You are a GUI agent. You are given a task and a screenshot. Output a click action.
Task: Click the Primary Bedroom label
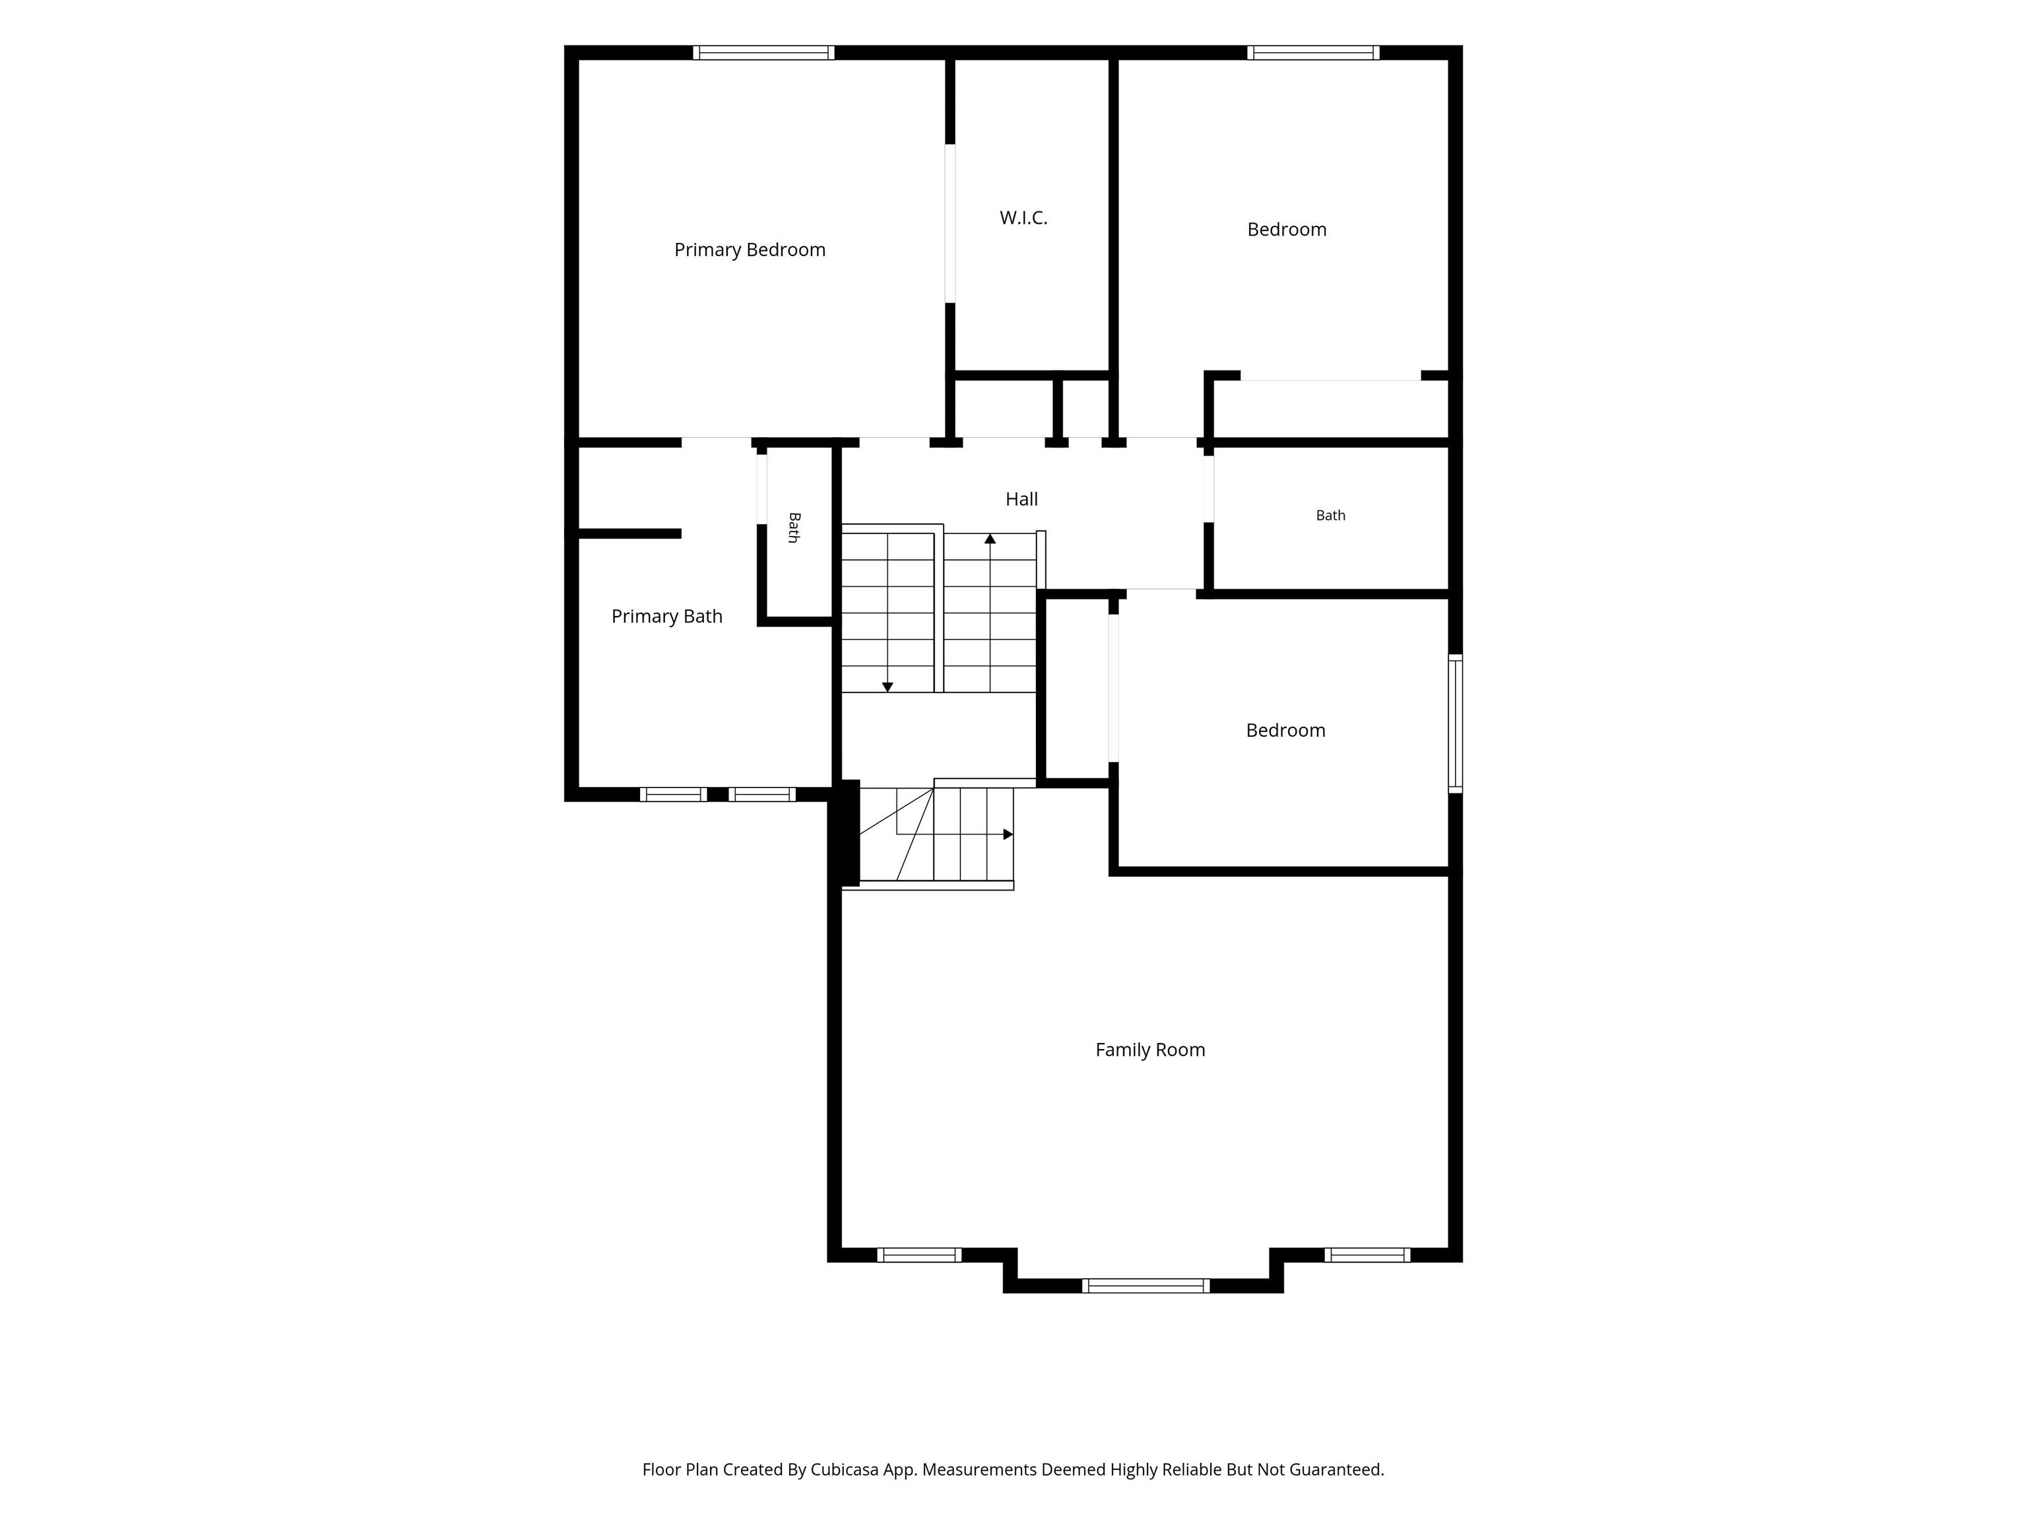[x=750, y=250]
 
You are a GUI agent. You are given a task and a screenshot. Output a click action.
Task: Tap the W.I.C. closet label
[x=1023, y=219]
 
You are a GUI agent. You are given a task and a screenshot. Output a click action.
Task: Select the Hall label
[x=1021, y=499]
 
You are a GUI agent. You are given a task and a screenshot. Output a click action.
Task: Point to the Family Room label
[x=1150, y=1050]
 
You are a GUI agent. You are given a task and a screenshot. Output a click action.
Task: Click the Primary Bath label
[x=667, y=616]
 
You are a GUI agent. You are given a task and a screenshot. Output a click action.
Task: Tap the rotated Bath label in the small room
[x=794, y=527]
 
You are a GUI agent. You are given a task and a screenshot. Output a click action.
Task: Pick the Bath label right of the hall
[x=1331, y=515]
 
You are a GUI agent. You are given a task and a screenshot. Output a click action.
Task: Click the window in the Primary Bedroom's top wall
[x=763, y=52]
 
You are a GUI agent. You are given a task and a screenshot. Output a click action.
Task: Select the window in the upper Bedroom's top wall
[x=1313, y=52]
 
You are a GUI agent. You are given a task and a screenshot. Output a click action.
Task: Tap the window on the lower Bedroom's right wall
[x=1455, y=724]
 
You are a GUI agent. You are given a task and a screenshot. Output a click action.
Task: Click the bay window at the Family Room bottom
[x=1145, y=1285]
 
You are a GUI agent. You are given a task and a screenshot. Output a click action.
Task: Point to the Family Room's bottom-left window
[x=919, y=1255]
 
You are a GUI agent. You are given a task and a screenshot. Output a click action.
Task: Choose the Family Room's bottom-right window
[x=1367, y=1255]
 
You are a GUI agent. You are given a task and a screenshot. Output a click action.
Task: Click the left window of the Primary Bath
[x=672, y=794]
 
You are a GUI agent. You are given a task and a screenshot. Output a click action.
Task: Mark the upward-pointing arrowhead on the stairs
[x=990, y=539]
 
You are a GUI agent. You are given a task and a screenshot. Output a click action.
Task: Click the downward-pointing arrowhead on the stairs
[x=887, y=687]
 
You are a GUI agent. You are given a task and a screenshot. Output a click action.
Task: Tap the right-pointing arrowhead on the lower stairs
[x=1008, y=834]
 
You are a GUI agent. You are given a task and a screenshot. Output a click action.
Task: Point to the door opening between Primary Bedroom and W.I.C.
[x=950, y=222]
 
